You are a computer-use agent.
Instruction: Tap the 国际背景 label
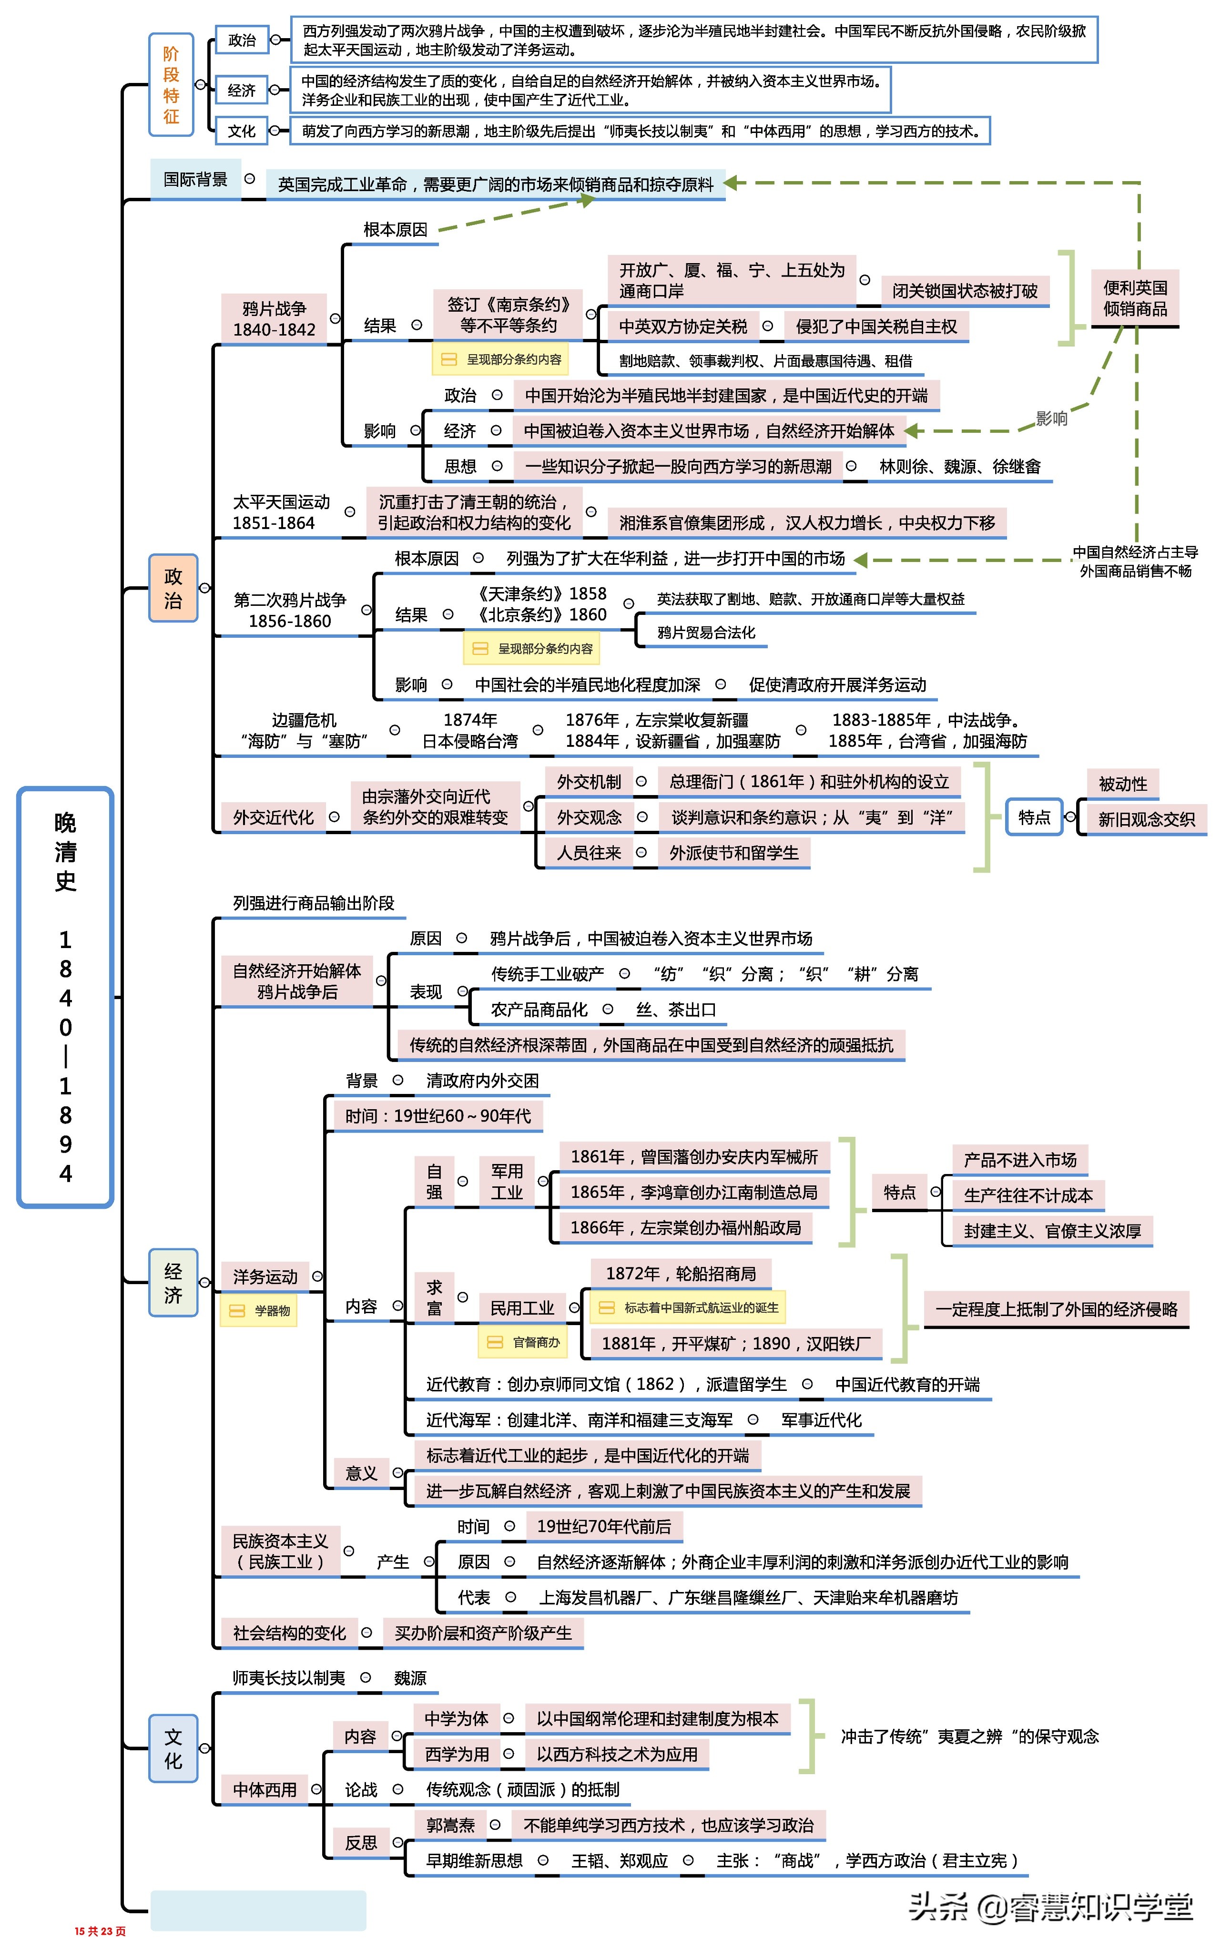pos(195,179)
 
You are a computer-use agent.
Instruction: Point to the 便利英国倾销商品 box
pos(1135,298)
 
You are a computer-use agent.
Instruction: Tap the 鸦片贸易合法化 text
pos(706,632)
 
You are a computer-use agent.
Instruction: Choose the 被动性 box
pos(1122,783)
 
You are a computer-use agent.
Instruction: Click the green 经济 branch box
pos(173,1282)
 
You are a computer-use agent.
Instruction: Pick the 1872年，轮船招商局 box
pos(681,1273)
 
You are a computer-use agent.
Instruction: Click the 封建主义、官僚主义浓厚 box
pos(1051,1231)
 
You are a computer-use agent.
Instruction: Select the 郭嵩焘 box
pos(450,1825)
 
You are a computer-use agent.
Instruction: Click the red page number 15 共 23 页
pos(100,1930)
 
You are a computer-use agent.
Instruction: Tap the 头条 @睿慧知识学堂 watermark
pos(1050,1907)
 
